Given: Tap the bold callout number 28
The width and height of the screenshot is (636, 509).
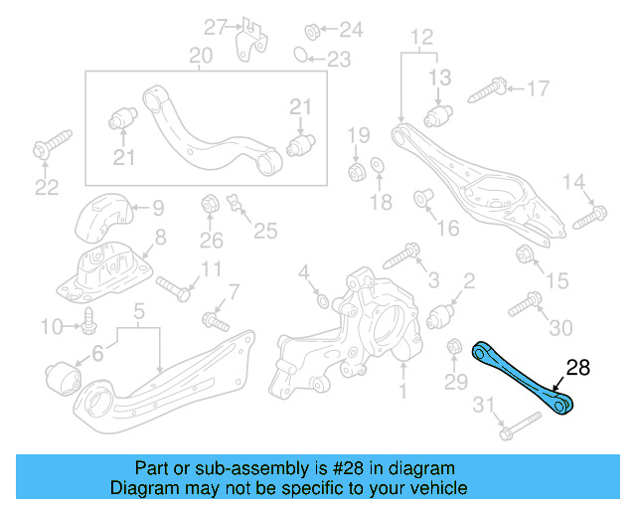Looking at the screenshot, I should click(577, 369).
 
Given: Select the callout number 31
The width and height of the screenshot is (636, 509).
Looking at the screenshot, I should click(483, 404).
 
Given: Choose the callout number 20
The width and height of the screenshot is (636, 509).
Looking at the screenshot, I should click(201, 56).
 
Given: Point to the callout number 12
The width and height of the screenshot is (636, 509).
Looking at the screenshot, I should click(422, 38).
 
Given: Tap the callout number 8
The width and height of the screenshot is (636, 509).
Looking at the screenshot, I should click(159, 238).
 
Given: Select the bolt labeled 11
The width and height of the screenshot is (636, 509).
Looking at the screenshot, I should click(175, 289).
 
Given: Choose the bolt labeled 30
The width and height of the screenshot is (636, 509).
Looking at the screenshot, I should click(523, 303).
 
